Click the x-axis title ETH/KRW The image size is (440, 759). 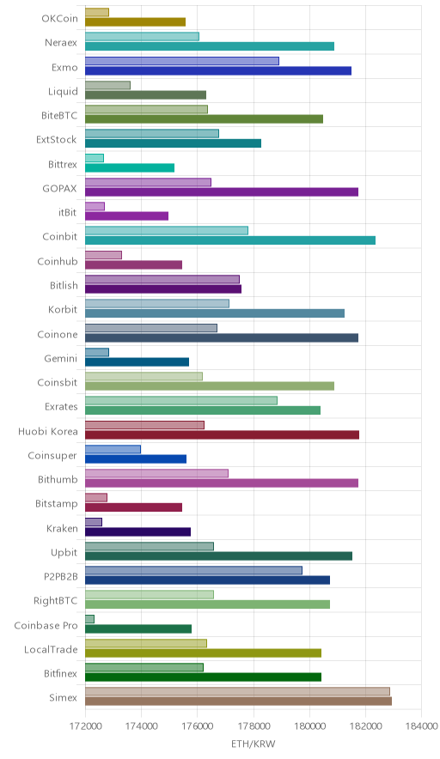coord(253,744)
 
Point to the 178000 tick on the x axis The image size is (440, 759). coord(254,726)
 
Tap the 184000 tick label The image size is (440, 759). coord(422,726)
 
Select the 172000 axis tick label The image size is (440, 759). coord(85,726)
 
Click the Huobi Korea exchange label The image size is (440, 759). coord(47,431)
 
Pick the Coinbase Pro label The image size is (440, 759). coord(46,625)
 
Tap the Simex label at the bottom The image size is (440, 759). coord(63,697)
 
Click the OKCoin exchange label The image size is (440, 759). coord(59,18)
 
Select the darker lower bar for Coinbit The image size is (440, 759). coord(230,240)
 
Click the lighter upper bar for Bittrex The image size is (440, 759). coord(95,158)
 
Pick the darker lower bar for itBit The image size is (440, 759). coord(127,216)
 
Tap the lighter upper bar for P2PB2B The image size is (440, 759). coord(194,570)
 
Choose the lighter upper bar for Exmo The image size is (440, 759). coord(182,61)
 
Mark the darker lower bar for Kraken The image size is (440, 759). coord(138,531)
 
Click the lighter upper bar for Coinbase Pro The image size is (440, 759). coord(89,619)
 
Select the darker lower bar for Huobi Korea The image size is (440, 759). coord(223,434)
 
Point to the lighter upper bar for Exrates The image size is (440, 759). coord(181,400)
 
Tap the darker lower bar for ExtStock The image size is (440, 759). coord(173,143)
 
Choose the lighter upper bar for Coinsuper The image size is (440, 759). coord(113,449)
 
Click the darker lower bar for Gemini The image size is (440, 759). coord(137,361)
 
